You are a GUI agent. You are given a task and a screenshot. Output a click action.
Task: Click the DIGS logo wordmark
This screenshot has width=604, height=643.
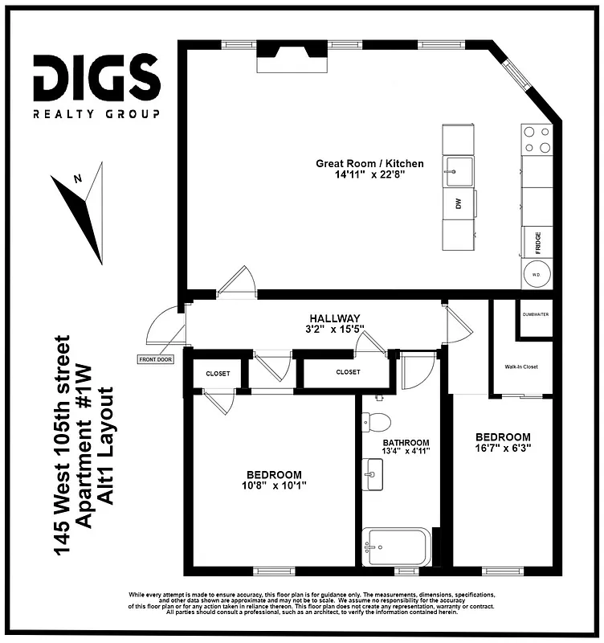click(96, 77)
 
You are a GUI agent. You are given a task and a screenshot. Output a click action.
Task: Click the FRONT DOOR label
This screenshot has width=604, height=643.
click(155, 359)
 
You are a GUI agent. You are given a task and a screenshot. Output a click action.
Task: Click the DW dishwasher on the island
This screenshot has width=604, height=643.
click(459, 204)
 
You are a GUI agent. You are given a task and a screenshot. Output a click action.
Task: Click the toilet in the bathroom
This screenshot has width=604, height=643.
click(376, 421)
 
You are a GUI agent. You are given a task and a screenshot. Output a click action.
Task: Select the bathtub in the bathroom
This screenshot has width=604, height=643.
click(397, 548)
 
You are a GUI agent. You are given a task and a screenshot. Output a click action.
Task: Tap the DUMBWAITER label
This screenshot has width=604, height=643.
click(536, 314)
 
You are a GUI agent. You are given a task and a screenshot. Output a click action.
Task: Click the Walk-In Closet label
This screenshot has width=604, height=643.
click(521, 367)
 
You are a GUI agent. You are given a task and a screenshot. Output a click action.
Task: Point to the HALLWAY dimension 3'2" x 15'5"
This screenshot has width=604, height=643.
click(335, 329)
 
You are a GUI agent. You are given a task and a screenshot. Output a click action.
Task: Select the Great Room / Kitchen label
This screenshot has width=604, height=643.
click(369, 163)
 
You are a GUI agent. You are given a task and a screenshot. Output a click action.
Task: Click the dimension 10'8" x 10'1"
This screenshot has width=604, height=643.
click(274, 485)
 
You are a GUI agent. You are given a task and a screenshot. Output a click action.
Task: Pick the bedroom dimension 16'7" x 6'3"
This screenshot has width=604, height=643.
click(502, 447)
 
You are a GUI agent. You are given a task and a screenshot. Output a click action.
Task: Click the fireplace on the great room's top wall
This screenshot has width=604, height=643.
click(292, 56)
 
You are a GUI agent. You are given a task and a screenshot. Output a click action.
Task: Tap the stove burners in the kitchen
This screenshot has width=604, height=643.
click(537, 140)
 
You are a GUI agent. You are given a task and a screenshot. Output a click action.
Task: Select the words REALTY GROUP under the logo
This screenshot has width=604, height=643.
click(96, 114)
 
